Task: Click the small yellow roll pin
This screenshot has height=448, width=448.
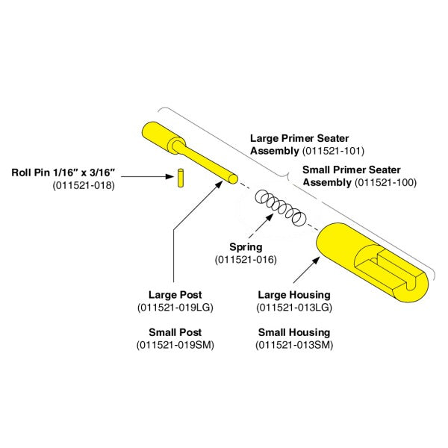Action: click(180, 178)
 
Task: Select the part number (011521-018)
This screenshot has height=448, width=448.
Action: click(84, 185)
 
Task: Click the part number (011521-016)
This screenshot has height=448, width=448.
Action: click(246, 260)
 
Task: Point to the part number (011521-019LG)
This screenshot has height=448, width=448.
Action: click(175, 308)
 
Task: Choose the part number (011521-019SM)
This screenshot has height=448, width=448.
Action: click(175, 345)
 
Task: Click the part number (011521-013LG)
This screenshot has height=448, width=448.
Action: click(294, 308)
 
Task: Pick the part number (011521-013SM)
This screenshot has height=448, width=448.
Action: click(294, 345)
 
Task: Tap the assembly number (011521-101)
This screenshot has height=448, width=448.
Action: click(333, 151)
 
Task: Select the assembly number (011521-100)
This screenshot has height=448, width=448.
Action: click(386, 182)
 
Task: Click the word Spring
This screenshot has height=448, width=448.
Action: click(246, 247)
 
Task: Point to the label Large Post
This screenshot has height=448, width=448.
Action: click(175, 295)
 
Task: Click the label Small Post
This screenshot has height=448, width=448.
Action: click(175, 332)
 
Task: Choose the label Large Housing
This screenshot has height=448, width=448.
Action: click(294, 295)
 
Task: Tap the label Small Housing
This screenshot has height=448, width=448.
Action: click(294, 332)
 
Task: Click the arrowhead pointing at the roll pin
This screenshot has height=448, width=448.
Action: click(169, 176)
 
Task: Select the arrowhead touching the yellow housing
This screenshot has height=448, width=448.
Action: click(315, 261)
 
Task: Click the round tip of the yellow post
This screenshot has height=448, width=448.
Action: click(232, 179)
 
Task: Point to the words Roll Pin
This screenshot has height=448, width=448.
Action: click(31, 172)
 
